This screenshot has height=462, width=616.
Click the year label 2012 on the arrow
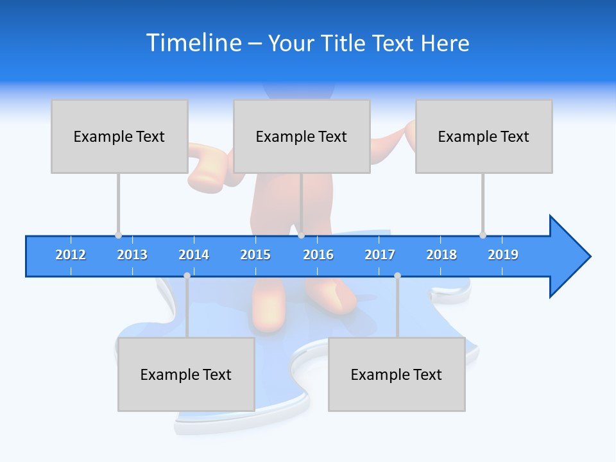pos(71,255)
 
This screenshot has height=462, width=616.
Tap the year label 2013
pos(132,255)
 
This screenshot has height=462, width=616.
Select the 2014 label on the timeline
pos(194,255)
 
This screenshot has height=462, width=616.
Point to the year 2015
pos(255,255)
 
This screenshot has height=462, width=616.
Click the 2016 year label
pos(318,255)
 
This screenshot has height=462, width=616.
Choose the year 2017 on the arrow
pos(380,255)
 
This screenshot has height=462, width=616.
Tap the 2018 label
pos(441,255)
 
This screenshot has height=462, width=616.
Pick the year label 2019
pos(503,255)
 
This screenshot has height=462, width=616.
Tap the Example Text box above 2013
pos(119,136)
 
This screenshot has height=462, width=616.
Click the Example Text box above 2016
pos(302,136)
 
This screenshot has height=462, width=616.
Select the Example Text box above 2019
pos(484,136)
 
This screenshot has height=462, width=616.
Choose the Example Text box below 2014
pos(186,374)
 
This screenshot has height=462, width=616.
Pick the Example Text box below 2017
pos(397,374)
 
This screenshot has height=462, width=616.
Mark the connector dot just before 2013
pos(118,235)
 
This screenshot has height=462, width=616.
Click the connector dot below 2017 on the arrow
pos(397,276)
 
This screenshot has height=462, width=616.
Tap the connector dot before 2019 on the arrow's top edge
pos(483,235)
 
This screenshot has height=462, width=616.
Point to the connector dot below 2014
pos(187,276)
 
